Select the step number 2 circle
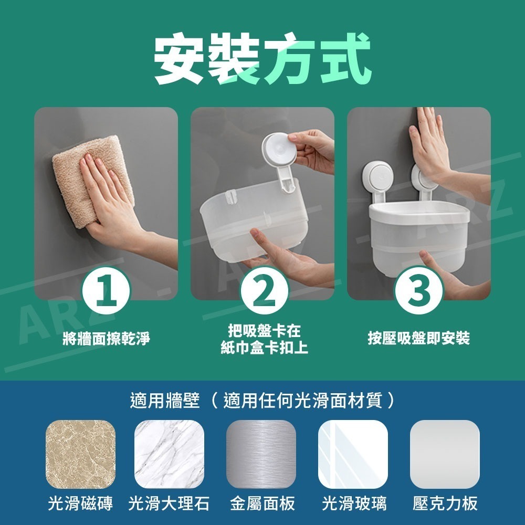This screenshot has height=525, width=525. click(264, 291)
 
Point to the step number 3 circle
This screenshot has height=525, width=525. click(419, 291)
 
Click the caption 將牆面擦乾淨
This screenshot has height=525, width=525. click(107, 339)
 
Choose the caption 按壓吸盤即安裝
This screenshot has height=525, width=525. click(418, 339)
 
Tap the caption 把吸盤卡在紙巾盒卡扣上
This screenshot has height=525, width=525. click(264, 339)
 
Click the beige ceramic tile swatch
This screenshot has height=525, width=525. click(80, 455)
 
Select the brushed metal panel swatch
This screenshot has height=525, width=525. click(261, 455)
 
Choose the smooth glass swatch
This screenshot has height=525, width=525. click(353, 455)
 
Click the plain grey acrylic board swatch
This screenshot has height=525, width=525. click(445, 455)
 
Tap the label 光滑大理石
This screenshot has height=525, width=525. click(169, 505)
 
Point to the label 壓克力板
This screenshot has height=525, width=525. click(445, 505)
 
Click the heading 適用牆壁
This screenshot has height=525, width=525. click(164, 402)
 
